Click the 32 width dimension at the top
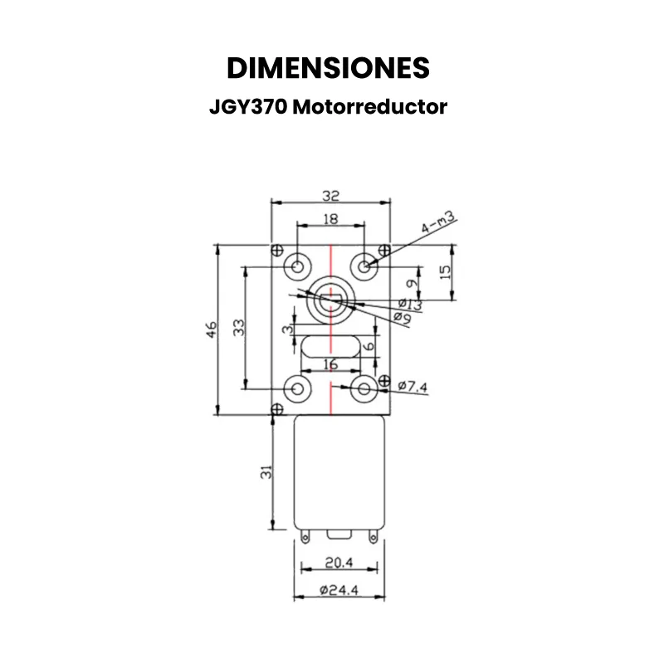[x=331, y=196]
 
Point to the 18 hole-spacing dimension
[x=331, y=218]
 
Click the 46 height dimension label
[x=212, y=330]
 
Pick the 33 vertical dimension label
[x=240, y=327]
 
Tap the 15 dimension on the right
[x=446, y=271]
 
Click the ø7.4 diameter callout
[x=413, y=386]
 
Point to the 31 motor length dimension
[x=266, y=473]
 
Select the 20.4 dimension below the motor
[x=339, y=563]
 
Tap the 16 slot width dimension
[x=330, y=364]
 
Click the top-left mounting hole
[x=297, y=266]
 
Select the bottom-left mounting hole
[x=297, y=388]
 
